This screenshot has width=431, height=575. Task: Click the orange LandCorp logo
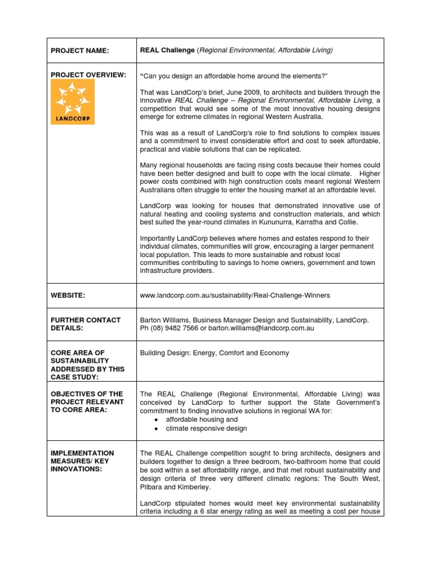[73, 102]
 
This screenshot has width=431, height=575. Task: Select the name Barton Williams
[162, 320]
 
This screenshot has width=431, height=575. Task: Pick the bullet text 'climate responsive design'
[206, 428]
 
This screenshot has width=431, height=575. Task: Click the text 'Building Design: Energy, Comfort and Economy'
[214, 353]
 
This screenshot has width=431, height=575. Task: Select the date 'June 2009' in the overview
[240, 92]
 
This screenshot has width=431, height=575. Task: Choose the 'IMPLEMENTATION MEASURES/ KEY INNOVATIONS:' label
[82, 461]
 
